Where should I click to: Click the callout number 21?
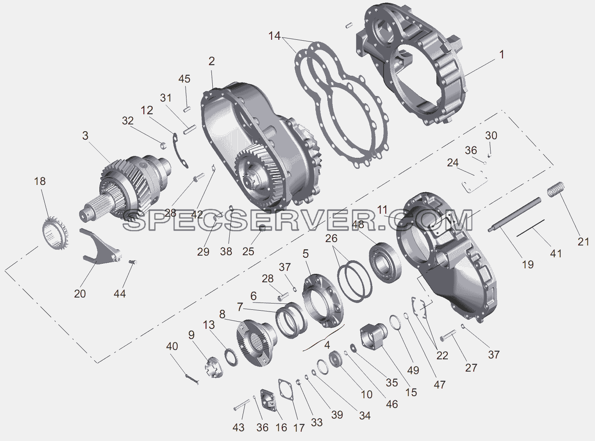(x=583, y=242)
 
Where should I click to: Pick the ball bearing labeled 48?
(x=385, y=263)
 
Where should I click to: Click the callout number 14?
(x=274, y=36)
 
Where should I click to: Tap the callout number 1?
(x=502, y=55)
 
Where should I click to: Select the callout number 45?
(x=184, y=79)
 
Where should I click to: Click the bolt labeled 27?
(x=448, y=336)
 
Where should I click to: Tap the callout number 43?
(x=238, y=427)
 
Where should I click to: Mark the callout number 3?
(x=85, y=135)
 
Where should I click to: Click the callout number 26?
(x=331, y=238)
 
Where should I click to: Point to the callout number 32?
(x=128, y=121)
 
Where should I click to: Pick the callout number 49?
(x=413, y=370)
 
